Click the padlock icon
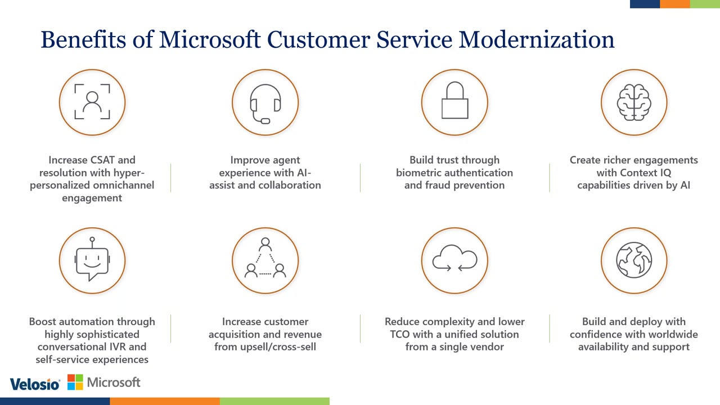click(454, 102)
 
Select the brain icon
click(634, 102)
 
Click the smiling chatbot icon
click(92, 260)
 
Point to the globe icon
click(634, 260)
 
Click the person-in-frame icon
click(92, 102)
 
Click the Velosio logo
click(34, 384)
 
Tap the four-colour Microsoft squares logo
click(75, 382)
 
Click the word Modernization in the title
click(537, 40)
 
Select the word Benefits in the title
click(83, 40)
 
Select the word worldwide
click(669, 335)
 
